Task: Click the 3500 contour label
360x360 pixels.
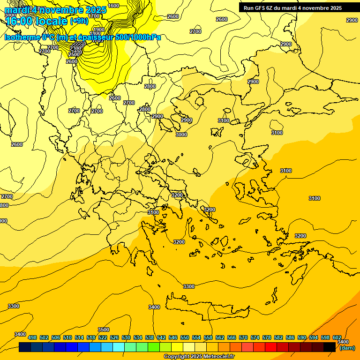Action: coord(103,330)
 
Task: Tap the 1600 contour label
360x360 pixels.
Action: coord(113,6)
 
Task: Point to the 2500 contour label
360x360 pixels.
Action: coord(74,54)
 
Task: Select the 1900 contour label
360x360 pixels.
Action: coord(98,30)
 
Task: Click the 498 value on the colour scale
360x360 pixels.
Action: coord(32,337)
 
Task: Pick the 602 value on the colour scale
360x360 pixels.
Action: coord(337,337)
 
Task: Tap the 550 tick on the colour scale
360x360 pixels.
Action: coord(184,337)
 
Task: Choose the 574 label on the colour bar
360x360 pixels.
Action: coord(255,337)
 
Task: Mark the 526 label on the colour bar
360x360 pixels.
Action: coord(114,337)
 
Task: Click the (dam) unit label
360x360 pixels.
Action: coord(347,348)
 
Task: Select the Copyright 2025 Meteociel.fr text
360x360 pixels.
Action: coord(199,356)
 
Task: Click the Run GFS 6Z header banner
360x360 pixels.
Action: coord(292,8)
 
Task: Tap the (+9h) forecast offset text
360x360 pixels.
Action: coord(78,21)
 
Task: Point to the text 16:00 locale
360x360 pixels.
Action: coord(37,21)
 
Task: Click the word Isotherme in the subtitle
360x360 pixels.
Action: coord(22,37)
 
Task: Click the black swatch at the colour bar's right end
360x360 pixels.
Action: coord(330,347)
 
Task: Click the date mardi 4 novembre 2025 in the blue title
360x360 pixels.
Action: coord(55,10)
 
